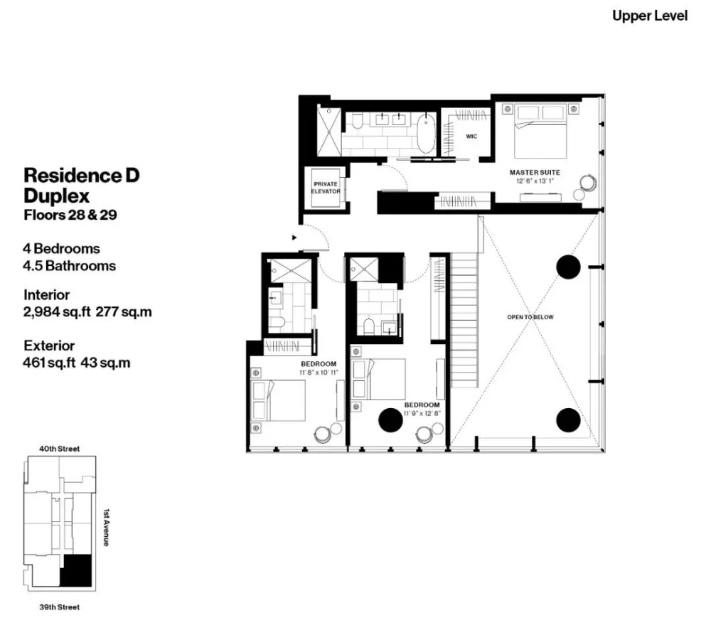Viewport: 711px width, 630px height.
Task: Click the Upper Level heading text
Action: pos(650,16)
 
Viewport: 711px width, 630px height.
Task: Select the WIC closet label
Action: pos(471,135)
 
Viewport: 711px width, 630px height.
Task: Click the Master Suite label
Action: pos(535,172)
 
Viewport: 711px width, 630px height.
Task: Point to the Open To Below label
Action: pos(530,317)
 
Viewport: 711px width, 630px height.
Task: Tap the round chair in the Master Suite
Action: pos(589,183)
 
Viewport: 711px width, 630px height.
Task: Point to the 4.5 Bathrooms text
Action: pos(70,266)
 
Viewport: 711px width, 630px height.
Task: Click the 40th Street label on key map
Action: pos(60,449)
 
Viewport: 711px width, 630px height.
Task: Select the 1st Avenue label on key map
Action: pos(106,527)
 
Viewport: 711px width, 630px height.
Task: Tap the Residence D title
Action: pos(82,175)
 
